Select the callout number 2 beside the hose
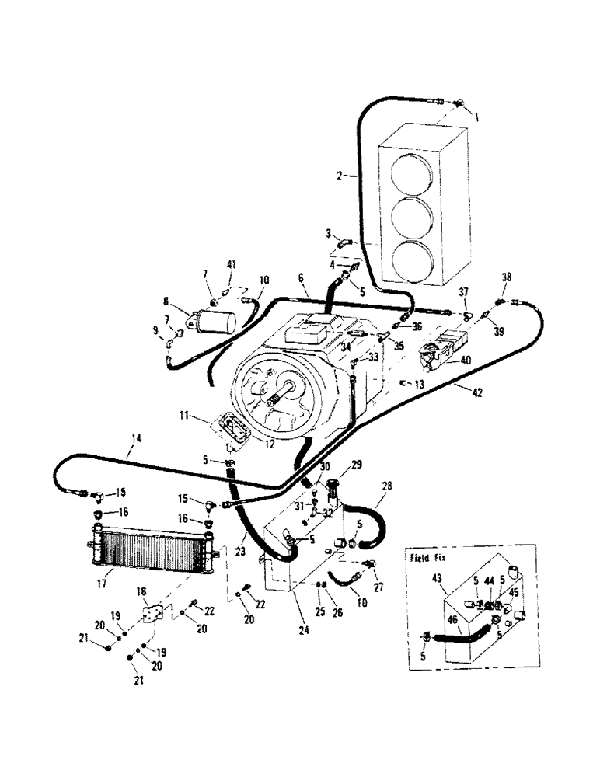pyautogui.click(x=340, y=177)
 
